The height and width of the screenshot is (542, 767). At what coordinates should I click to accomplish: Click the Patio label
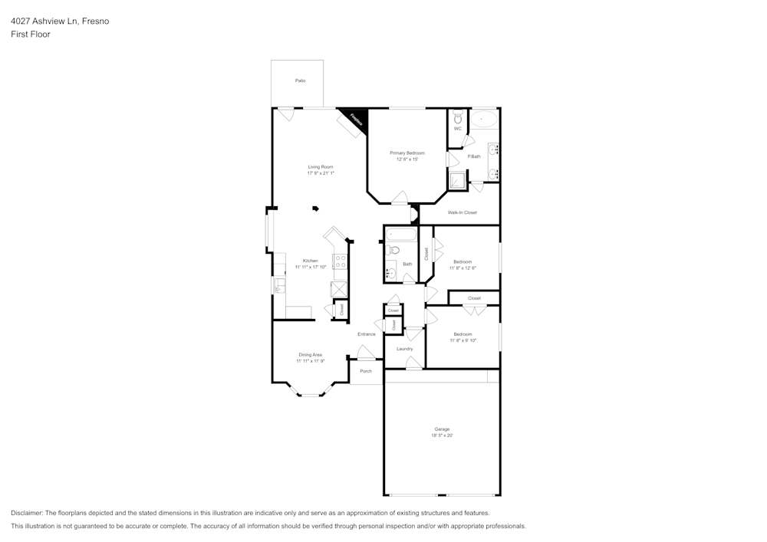click(301, 80)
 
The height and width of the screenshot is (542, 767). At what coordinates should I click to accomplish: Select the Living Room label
click(321, 166)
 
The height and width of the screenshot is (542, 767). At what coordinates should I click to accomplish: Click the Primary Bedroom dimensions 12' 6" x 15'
click(407, 159)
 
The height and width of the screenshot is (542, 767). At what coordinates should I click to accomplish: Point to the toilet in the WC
click(458, 119)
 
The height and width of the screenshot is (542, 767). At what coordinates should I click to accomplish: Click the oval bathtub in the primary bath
click(484, 119)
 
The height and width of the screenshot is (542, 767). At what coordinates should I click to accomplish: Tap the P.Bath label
click(474, 156)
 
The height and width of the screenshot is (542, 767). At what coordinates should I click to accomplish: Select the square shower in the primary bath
click(457, 180)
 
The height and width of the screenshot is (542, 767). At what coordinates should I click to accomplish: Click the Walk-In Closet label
click(463, 212)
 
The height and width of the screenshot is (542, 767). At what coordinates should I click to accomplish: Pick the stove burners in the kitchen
click(340, 261)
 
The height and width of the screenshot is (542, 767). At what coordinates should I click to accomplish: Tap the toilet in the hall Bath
click(394, 250)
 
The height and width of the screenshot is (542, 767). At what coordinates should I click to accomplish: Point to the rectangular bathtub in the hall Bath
click(400, 235)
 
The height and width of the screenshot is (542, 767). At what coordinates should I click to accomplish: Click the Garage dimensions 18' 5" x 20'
click(442, 435)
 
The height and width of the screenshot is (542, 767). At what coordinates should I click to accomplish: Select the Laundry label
click(405, 349)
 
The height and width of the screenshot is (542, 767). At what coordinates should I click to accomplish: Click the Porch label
click(366, 371)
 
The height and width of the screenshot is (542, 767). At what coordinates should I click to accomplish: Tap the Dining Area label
click(311, 354)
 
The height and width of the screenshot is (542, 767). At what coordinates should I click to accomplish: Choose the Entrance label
click(367, 334)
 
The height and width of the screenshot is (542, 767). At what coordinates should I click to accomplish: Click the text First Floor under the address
click(31, 34)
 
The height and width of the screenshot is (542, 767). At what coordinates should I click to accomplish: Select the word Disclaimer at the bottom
click(27, 513)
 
